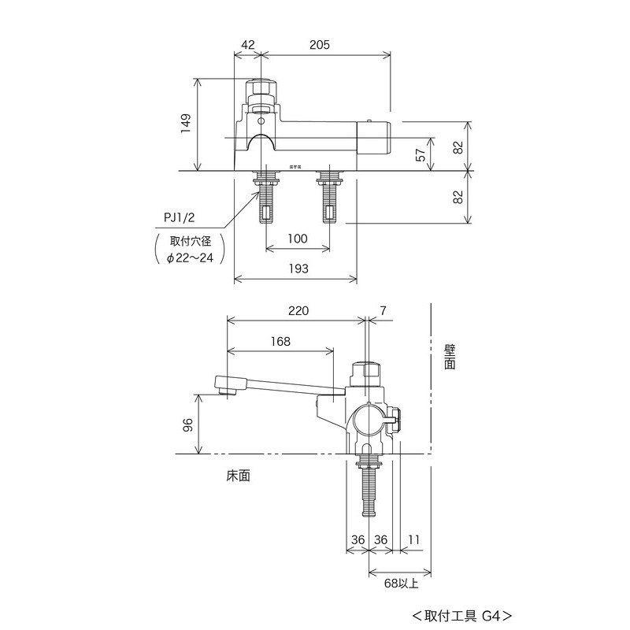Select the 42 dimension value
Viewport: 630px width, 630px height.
[x=248, y=45]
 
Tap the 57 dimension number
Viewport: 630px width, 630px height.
[x=421, y=154]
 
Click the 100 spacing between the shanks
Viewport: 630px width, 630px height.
[x=297, y=239]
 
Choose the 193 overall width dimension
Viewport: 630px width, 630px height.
[x=297, y=269]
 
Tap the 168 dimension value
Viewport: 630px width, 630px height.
[x=280, y=341]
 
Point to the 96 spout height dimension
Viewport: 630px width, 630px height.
[x=187, y=425]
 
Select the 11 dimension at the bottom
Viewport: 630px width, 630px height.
[x=414, y=539]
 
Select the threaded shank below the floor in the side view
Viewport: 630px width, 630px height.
[x=368, y=488]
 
